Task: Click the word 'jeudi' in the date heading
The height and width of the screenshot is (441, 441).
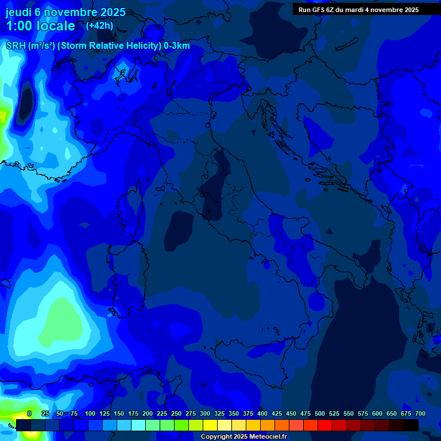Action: point(19,12)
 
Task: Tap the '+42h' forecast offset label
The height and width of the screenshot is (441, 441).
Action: point(99,25)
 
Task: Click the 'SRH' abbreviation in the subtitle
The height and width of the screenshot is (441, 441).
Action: point(16,46)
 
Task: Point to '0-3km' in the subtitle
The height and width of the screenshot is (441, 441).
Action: point(177,46)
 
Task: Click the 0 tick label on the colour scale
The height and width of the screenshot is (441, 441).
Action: point(29,414)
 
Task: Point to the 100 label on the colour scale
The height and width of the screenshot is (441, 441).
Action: point(90,414)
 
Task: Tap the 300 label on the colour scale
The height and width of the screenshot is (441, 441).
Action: point(205,414)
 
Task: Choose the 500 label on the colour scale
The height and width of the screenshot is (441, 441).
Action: point(320,414)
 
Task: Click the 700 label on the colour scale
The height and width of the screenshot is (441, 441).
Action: point(420,414)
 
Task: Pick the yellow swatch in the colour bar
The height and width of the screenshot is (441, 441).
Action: point(210,425)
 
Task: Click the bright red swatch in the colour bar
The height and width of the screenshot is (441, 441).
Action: point(325,425)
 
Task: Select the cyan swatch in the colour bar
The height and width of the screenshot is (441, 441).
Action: point(138,425)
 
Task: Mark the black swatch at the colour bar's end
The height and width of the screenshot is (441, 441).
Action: point(411,425)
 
